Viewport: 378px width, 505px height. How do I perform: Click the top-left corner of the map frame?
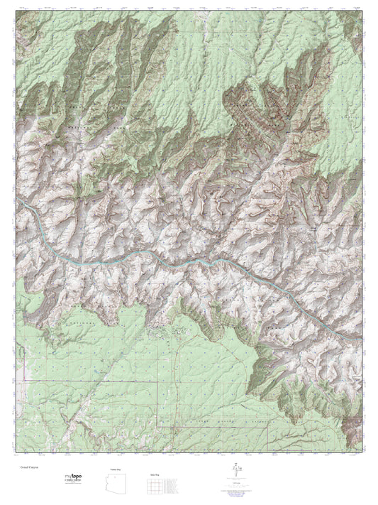(16, 12)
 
